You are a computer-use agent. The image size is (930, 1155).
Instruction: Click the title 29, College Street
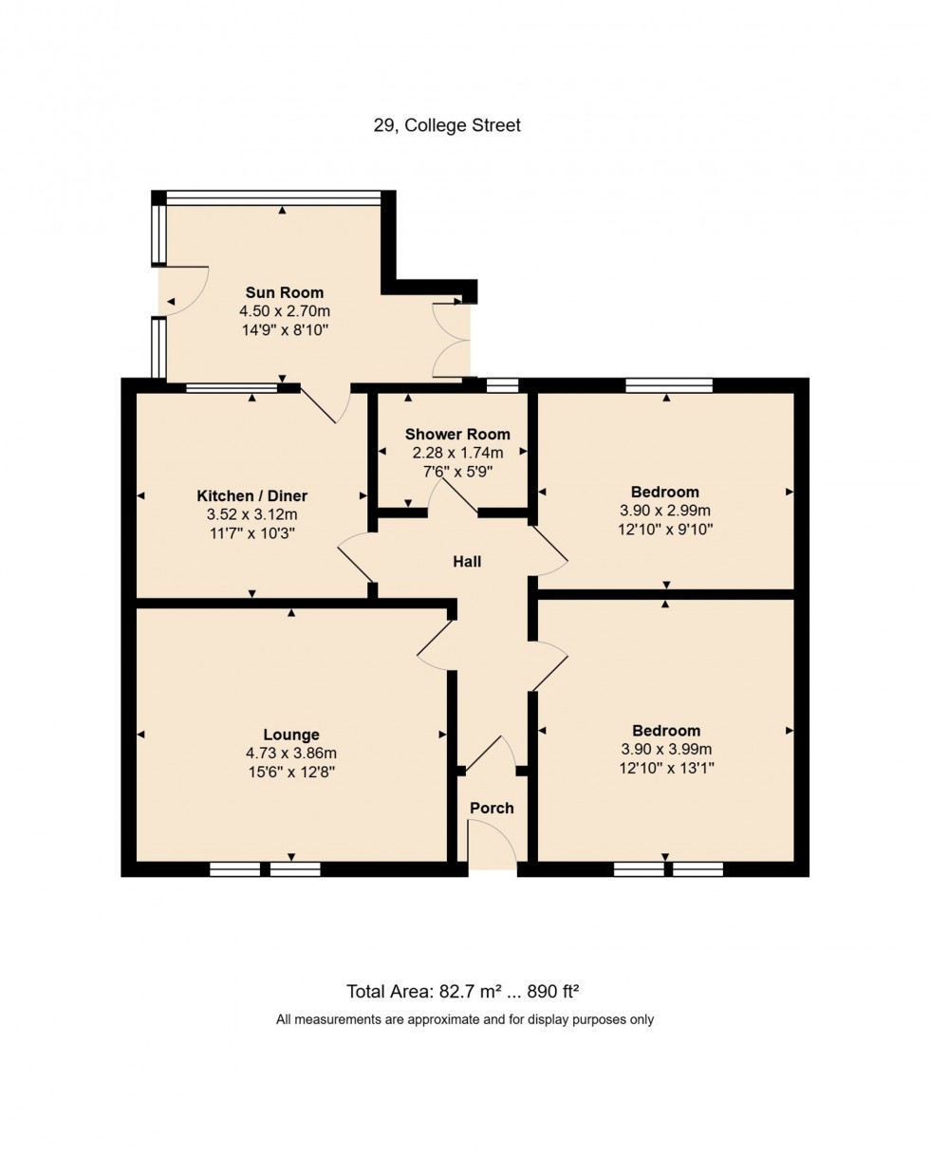(x=447, y=125)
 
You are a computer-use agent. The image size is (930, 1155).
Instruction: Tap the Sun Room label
(x=285, y=292)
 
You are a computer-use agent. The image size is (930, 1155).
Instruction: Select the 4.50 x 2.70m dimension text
(x=285, y=311)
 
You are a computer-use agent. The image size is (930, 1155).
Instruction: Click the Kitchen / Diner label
(x=251, y=495)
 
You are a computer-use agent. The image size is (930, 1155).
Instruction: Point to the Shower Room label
(x=456, y=434)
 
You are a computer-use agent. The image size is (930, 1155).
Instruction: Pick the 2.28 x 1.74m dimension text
(x=456, y=453)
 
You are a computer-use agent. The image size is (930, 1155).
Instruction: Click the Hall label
(x=467, y=562)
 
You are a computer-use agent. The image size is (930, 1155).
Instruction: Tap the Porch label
(x=492, y=808)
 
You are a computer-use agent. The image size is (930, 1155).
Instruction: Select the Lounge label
(x=291, y=734)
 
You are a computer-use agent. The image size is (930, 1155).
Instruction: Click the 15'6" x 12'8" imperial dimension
(x=291, y=773)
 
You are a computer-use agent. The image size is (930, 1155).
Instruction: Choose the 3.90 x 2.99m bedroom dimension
(x=665, y=511)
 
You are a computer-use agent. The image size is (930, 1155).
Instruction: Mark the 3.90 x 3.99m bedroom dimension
(x=666, y=749)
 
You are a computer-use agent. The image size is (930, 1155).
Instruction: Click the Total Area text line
(x=463, y=992)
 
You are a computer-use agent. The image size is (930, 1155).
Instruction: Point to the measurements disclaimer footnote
(x=465, y=1020)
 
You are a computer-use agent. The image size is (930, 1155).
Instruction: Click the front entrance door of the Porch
(x=492, y=843)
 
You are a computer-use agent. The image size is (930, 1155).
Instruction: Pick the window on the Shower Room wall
(x=502, y=385)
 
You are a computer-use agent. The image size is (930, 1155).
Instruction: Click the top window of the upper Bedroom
(x=668, y=385)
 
